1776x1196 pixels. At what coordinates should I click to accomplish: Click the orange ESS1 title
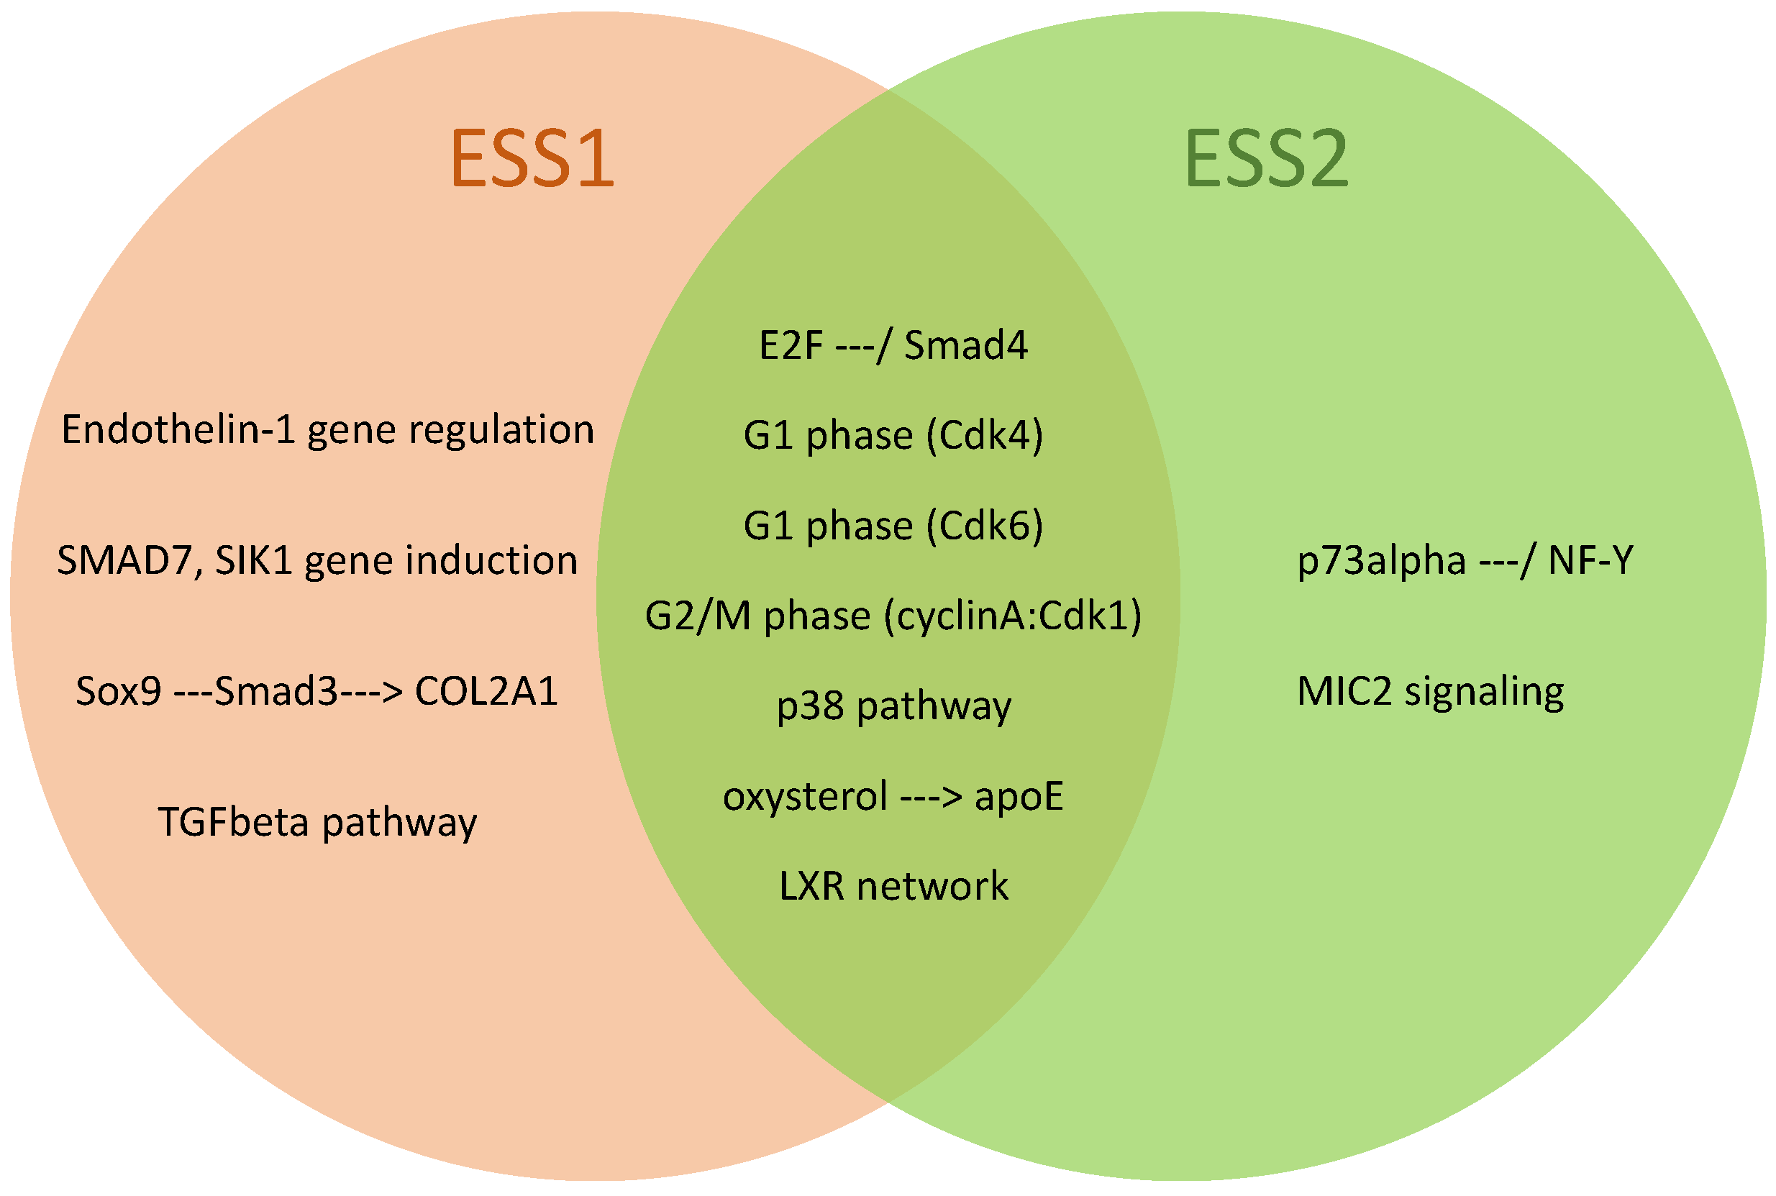(x=532, y=158)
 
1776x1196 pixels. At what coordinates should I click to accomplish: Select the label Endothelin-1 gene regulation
(x=327, y=429)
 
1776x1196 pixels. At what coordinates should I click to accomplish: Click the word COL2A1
(x=486, y=692)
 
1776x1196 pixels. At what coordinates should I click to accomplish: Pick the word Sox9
(x=118, y=692)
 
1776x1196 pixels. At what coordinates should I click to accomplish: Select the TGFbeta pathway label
(x=317, y=823)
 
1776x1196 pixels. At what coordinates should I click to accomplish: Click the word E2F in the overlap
(x=791, y=345)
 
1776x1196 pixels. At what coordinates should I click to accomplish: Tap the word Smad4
(x=965, y=345)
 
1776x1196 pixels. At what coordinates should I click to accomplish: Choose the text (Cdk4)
(x=984, y=436)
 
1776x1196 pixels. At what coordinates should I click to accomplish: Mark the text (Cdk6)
(x=984, y=526)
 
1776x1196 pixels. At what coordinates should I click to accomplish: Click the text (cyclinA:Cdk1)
(x=1012, y=616)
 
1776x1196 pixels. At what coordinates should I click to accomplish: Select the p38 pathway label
(x=893, y=706)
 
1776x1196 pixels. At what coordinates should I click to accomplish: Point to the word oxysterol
(x=805, y=796)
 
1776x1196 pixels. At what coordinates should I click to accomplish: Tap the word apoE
(x=1019, y=796)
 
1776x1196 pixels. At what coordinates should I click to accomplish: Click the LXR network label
(x=893, y=886)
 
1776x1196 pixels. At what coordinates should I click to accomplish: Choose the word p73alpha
(x=1381, y=561)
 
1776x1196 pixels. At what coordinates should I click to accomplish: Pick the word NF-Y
(x=1590, y=561)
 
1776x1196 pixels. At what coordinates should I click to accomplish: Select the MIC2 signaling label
(x=1431, y=692)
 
